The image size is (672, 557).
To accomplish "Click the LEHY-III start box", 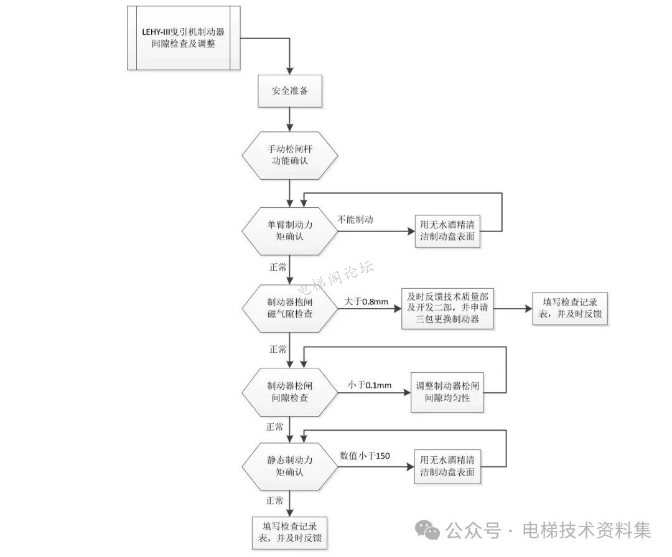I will (184, 37).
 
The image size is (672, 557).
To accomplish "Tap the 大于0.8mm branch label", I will (366, 302).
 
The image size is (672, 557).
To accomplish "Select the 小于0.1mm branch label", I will (370, 385).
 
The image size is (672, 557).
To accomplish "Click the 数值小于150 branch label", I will (365, 456).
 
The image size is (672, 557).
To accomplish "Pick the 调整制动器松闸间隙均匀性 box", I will (447, 391).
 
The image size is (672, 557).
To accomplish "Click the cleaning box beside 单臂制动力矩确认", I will (447, 231).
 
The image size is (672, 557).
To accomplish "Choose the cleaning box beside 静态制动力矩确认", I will (447, 466).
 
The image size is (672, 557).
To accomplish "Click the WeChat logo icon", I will (428, 530).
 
